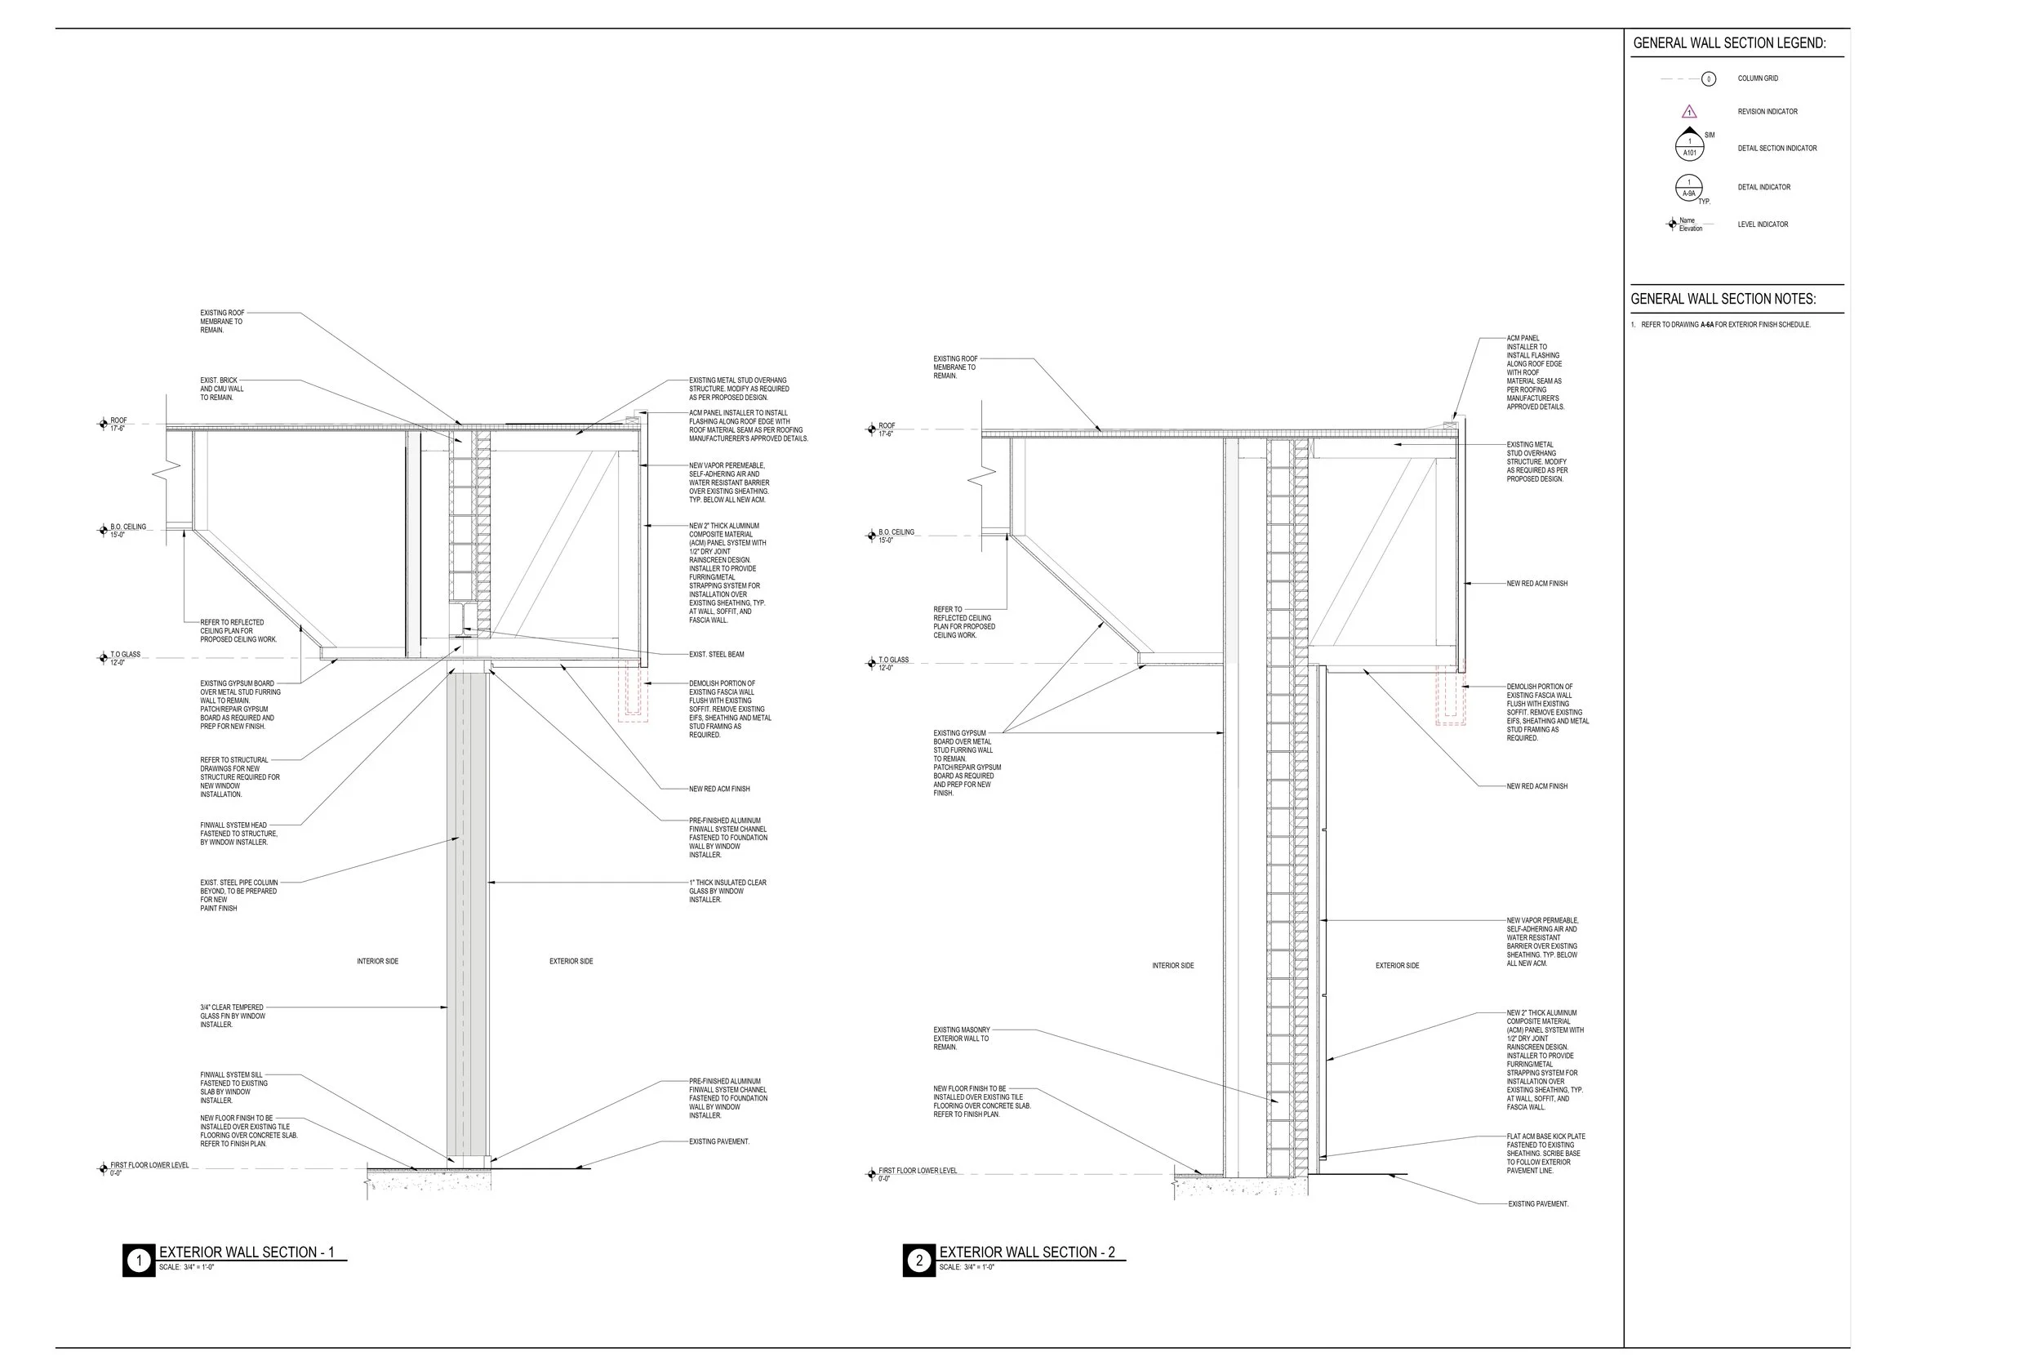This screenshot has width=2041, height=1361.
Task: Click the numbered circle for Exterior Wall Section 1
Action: [139, 1261]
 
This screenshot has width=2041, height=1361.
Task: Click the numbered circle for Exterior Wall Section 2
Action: [919, 1261]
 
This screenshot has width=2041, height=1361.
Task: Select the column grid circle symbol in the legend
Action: [1709, 79]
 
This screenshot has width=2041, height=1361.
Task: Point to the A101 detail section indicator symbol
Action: [1690, 147]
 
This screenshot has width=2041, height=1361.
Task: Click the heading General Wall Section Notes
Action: [1723, 299]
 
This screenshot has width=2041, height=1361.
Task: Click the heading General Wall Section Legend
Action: [1728, 42]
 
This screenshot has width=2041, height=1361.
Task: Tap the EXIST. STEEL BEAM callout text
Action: [716, 655]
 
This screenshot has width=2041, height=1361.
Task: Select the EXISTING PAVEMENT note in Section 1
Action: [718, 1141]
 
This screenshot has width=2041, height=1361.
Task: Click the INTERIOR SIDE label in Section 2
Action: [1172, 965]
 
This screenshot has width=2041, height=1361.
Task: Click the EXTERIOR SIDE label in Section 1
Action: [571, 961]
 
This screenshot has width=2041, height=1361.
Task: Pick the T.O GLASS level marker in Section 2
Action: [871, 663]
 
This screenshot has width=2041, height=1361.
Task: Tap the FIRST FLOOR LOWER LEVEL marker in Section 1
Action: [103, 1168]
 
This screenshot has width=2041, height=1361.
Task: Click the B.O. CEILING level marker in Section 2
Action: [871, 536]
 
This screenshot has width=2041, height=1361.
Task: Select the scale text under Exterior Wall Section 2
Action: [967, 1267]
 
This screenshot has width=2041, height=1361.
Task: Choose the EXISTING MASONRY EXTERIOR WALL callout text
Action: [961, 1039]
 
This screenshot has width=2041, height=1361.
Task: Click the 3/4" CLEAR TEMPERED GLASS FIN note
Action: [232, 1016]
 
